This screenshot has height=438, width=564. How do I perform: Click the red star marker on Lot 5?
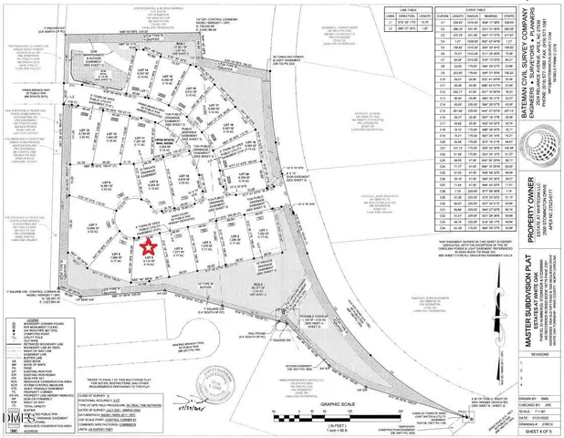(x=147, y=245)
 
